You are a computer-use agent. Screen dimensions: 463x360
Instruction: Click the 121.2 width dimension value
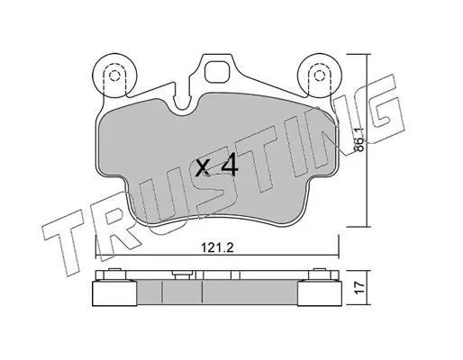pyautogui.click(x=217, y=247)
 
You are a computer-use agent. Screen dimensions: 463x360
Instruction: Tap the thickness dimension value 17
pyautogui.click(x=360, y=288)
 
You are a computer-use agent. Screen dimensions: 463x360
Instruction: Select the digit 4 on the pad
pyautogui.click(x=230, y=167)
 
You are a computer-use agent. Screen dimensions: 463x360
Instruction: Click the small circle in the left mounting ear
pyautogui.click(x=113, y=76)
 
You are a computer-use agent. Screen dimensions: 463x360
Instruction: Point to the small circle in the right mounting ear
pyautogui.click(x=319, y=76)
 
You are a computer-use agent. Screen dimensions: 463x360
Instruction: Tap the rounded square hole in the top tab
pyautogui.click(x=217, y=71)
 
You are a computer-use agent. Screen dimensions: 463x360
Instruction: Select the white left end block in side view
pyautogui.click(x=114, y=293)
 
